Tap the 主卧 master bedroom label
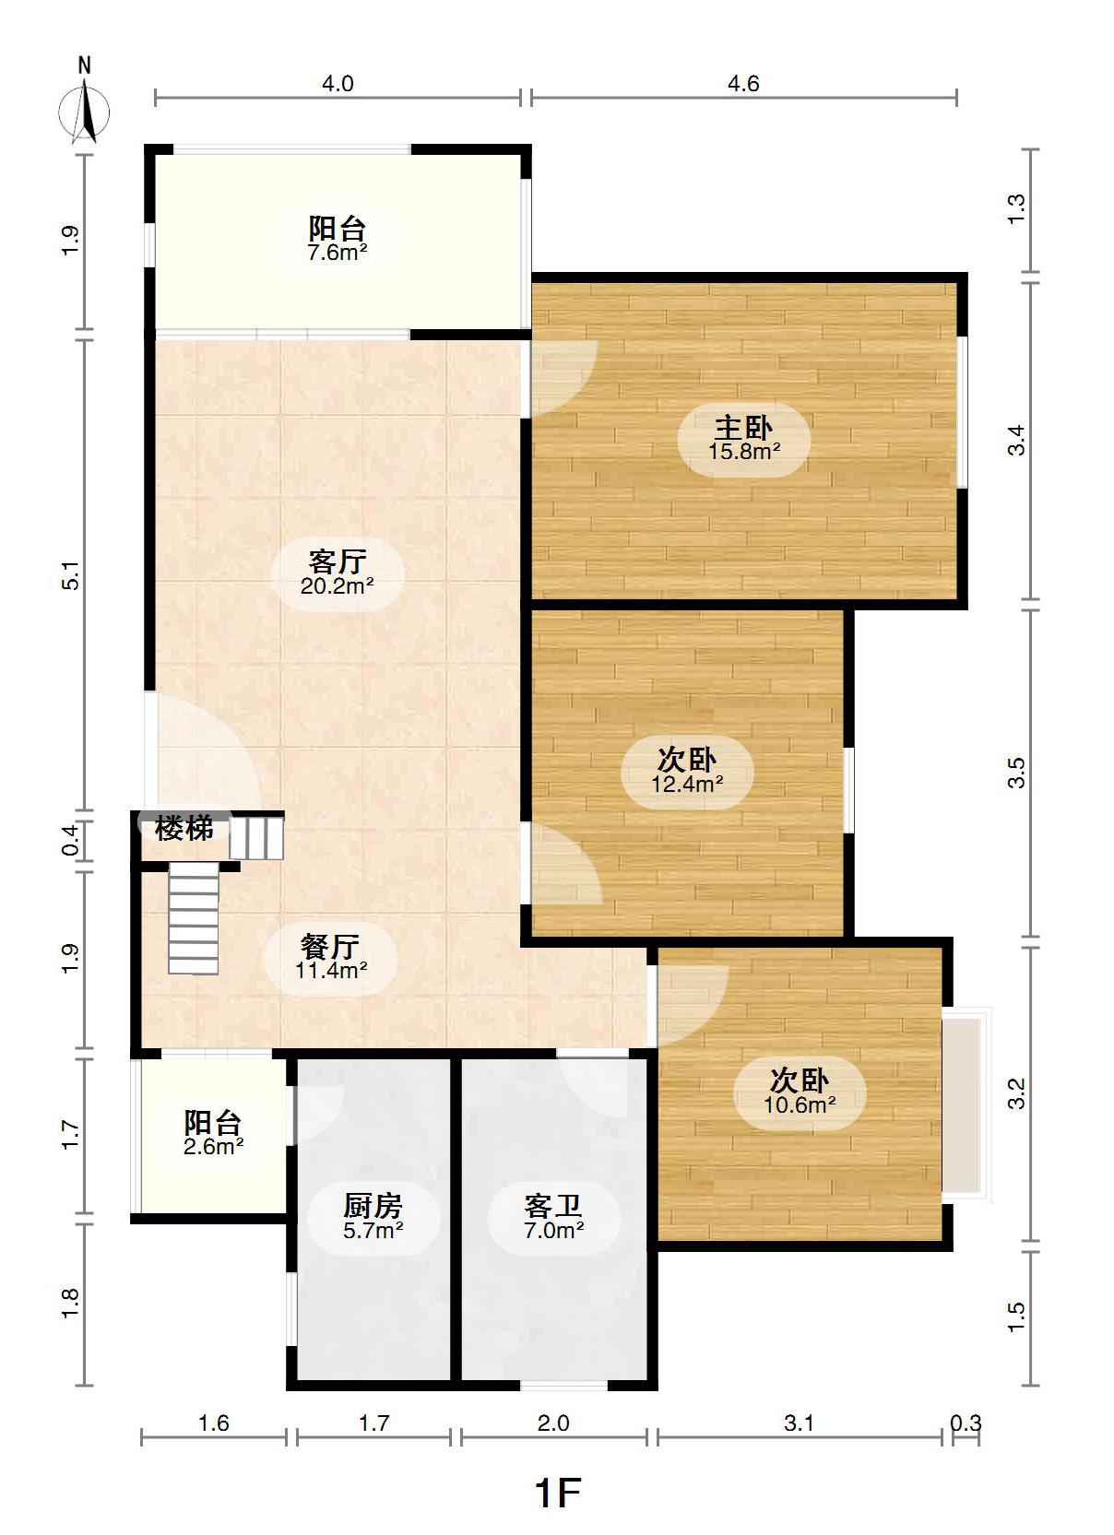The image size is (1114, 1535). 743,429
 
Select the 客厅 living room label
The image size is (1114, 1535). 337,562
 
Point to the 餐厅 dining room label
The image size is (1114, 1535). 330,947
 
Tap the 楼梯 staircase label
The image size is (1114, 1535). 184,829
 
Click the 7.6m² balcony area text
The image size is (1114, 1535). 337,253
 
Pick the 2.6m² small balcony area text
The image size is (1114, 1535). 213,1146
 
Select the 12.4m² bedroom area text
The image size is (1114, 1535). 687,784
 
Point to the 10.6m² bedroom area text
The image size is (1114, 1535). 800,1104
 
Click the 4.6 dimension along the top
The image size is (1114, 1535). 743,84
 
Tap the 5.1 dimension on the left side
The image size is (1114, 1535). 71,575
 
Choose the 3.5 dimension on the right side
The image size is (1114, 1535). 1016,773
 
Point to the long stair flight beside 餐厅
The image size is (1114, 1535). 194,918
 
